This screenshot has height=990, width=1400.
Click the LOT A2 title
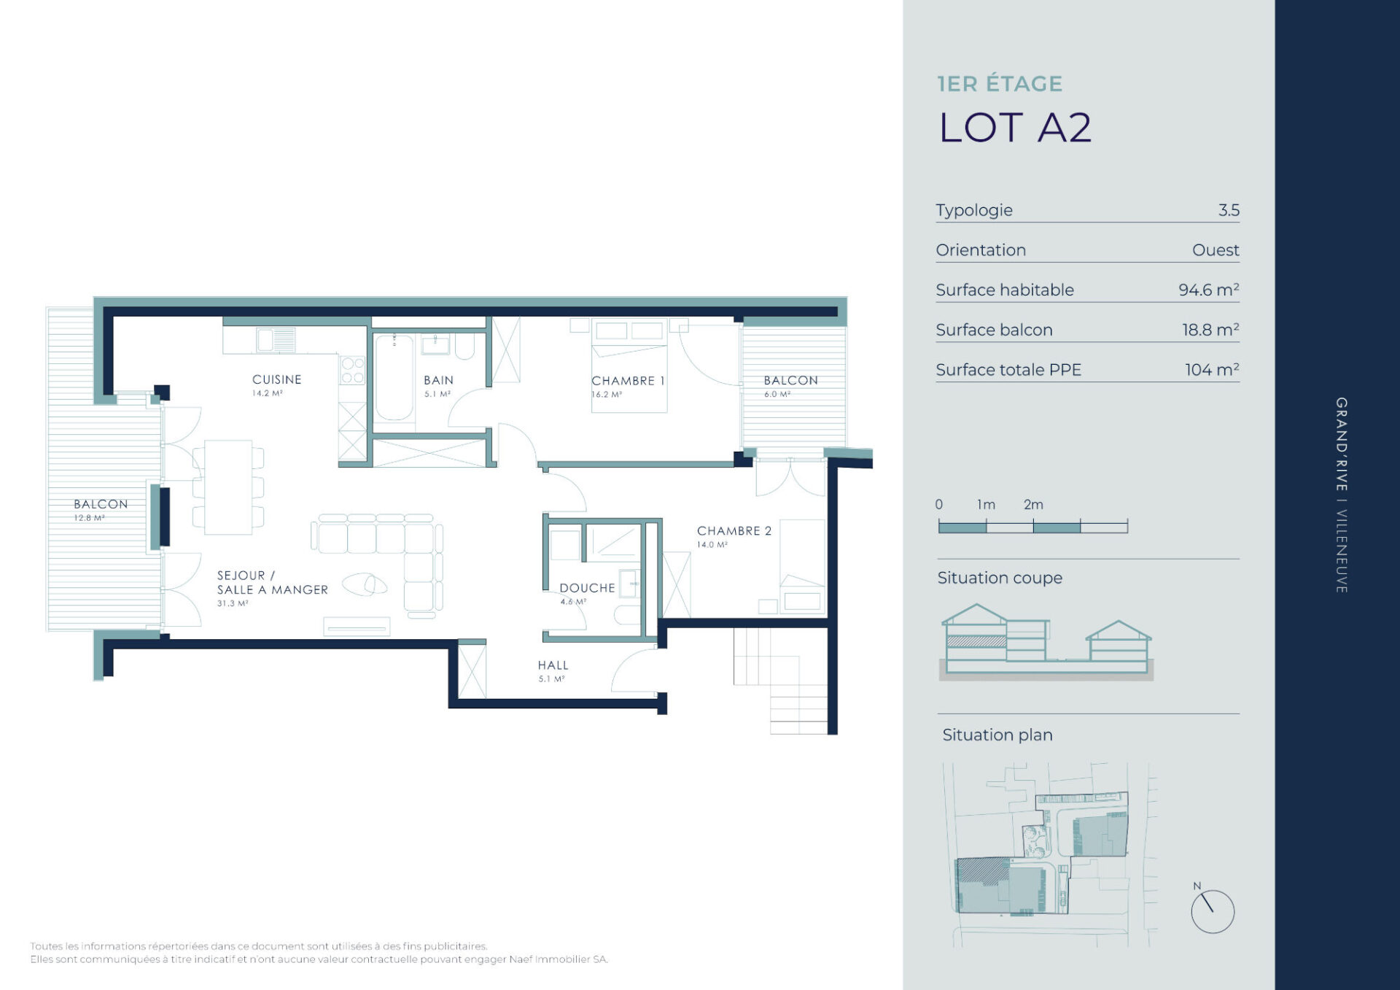(1015, 128)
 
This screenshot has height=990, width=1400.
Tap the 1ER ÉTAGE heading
(1000, 84)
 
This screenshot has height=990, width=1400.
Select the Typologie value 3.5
(1229, 210)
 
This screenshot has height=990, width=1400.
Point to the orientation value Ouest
(1216, 250)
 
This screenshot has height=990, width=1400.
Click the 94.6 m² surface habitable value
(1209, 290)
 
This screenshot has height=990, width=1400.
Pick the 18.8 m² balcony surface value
(1210, 330)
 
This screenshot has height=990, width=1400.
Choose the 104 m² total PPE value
(1212, 370)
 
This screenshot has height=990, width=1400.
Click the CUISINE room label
(276, 379)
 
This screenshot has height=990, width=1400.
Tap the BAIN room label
(438, 380)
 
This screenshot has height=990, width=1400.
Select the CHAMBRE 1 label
(628, 381)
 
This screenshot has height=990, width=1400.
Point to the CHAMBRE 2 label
(734, 531)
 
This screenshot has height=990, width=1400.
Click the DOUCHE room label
(587, 588)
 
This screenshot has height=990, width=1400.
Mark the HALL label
(553, 665)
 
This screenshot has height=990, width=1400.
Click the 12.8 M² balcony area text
(89, 518)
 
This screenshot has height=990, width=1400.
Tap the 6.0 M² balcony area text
(777, 394)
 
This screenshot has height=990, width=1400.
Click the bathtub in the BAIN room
(394, 377)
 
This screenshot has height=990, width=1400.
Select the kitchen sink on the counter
(276, 340)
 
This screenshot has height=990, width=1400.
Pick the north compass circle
(1213, 911)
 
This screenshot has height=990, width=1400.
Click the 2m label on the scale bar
(1033, 504)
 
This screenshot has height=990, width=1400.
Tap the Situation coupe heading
(1000, 578)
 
